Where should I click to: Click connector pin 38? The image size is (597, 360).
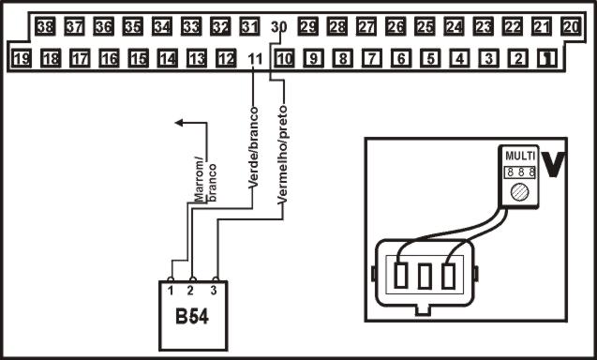click(44, 27)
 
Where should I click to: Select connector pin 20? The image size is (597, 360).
click(571, 27)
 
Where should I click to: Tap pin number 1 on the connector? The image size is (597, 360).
click(546, 60)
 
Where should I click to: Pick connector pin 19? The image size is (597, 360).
click(22, 60)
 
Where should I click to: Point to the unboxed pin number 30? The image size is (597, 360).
click(277, 27)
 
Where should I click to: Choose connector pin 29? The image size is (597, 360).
click(308, 27)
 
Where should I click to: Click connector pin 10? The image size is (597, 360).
click(285, 60)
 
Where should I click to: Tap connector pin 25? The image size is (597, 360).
click(425, 27)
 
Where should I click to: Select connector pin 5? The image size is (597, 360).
click(430, 60)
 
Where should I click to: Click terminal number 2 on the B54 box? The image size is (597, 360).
click(193, 291)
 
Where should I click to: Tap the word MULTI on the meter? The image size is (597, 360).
click(519, 155)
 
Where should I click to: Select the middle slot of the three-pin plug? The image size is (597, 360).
click(425, 277)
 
